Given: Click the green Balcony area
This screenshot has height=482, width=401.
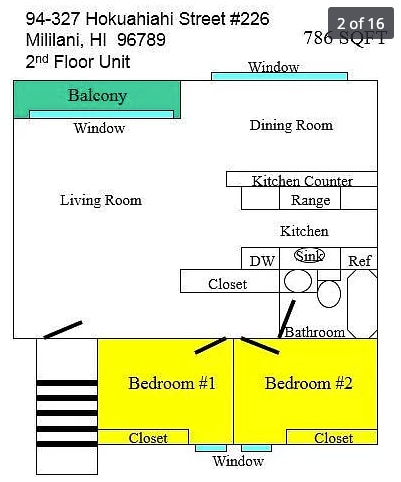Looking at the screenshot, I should (x=97, y=97).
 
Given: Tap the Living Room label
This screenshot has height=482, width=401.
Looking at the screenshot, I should (x=101, y=200).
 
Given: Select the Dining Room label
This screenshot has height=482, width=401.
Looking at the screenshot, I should (x=291, y=125).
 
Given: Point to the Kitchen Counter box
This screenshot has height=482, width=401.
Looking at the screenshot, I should (x=302, y=180).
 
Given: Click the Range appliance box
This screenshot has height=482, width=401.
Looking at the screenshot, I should (x=311, y=200).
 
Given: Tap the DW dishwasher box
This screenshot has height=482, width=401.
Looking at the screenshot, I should (x=262, y=260).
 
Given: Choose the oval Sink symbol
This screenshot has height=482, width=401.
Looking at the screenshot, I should (x=310, y=256).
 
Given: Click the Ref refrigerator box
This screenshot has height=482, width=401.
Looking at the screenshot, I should (x=360, y=260).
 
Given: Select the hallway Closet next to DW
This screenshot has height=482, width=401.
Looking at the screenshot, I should (x=228, y=283).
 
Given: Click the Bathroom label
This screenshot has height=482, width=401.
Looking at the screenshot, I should (x=315, y=332).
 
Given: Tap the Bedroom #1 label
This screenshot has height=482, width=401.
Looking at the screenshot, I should (x=172, y=384).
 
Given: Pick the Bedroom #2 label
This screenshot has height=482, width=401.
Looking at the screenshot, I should (x=309, y=384).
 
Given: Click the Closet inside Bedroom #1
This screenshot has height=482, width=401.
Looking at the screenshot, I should (x=148, y=437).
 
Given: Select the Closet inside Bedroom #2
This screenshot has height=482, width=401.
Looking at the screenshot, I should (x=333, y=437).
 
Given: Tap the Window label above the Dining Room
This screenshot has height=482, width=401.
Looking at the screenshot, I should (x=273, y=68).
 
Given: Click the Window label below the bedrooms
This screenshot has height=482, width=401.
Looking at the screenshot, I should (x=238, y=461).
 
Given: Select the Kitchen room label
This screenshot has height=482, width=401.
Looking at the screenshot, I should (x=304, y=231).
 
